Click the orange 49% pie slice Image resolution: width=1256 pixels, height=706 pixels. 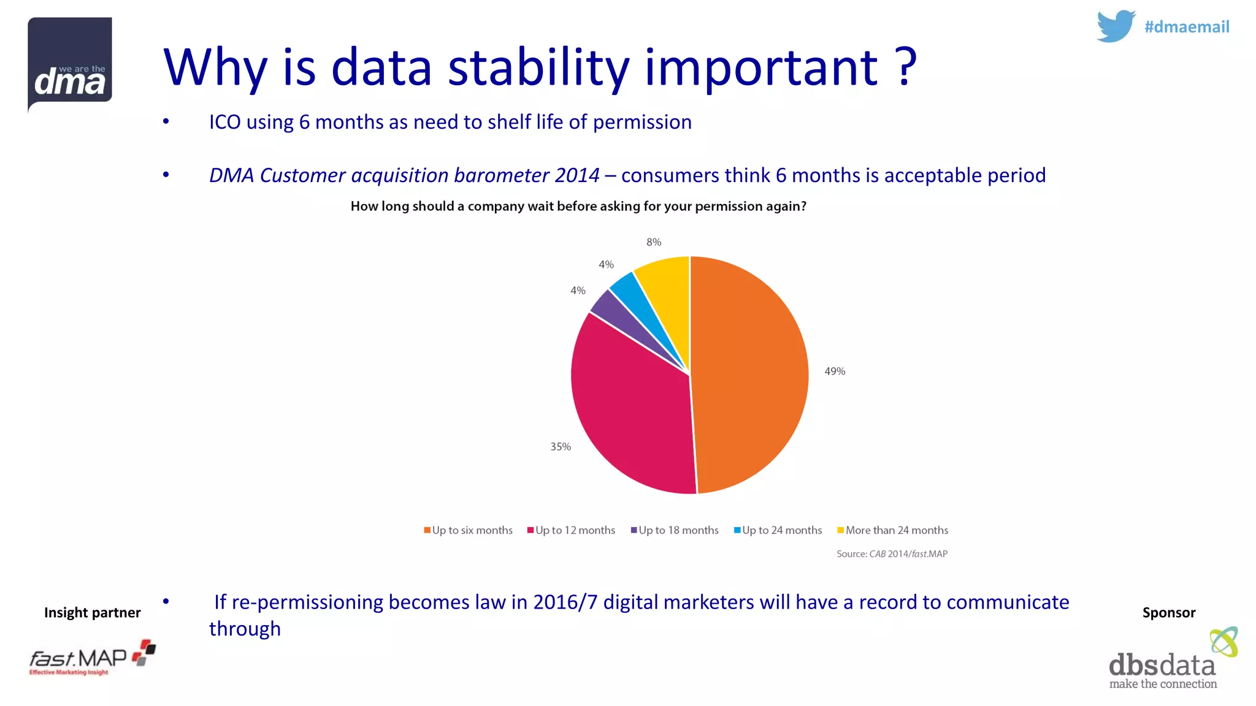pyautogui.click(x=751, y=374)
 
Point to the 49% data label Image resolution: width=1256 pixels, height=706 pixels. pyautogui.click(x=835, y=371)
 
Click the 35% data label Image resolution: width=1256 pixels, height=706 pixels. pyautogui.click(x=560, y=447)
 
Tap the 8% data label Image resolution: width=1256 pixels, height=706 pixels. pyautogui.click(x=654, y=242)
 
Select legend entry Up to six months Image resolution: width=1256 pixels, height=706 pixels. pyautogui.click(x=468, y=530)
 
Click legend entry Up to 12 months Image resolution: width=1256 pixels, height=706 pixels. pyautogui.click(x=571, y=530)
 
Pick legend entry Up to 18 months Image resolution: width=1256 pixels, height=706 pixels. pyautogui.click(x=675, y=530)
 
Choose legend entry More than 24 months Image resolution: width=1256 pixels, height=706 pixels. pyautogui.click(x=892, y=530)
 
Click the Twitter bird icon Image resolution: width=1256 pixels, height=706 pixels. pyautogui.click(x=1115, y=26)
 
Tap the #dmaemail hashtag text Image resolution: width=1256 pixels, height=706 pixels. pyautogui.click(x=1187, y=27)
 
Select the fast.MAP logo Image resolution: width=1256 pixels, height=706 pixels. pyautogui.click(x=92, y=658)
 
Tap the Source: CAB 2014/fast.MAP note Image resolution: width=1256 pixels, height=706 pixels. pyautogui.click(x=892, y=554)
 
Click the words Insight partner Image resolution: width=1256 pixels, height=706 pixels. pyautogui.click(x=92, y=612)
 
